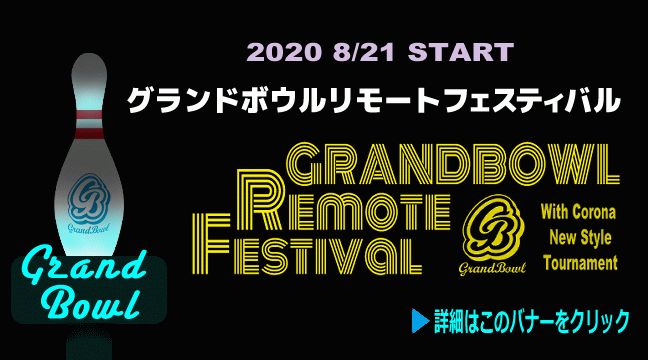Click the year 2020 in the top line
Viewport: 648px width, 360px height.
click(284, 52)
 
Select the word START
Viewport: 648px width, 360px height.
click(461, 52)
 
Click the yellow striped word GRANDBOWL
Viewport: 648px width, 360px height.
click(453, 164)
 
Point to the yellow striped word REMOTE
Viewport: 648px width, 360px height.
click(343, 200)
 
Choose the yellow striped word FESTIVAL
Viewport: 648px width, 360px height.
click(307, 244)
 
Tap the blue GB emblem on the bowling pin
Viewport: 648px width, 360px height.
click(88, 198)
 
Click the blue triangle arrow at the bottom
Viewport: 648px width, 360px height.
click(420, 321)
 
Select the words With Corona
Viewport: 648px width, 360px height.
click(578, 212)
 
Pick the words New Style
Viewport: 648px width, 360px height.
click(580, 238)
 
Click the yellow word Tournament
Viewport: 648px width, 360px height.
click(580, 263)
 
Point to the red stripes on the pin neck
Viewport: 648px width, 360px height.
click(89, 124)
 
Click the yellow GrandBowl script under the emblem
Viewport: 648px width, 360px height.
click(493, 269)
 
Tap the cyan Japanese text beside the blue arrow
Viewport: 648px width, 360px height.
click(532, 321)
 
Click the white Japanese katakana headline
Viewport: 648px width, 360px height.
click(374, 100)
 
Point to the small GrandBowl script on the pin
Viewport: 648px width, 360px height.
click(89, 228)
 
